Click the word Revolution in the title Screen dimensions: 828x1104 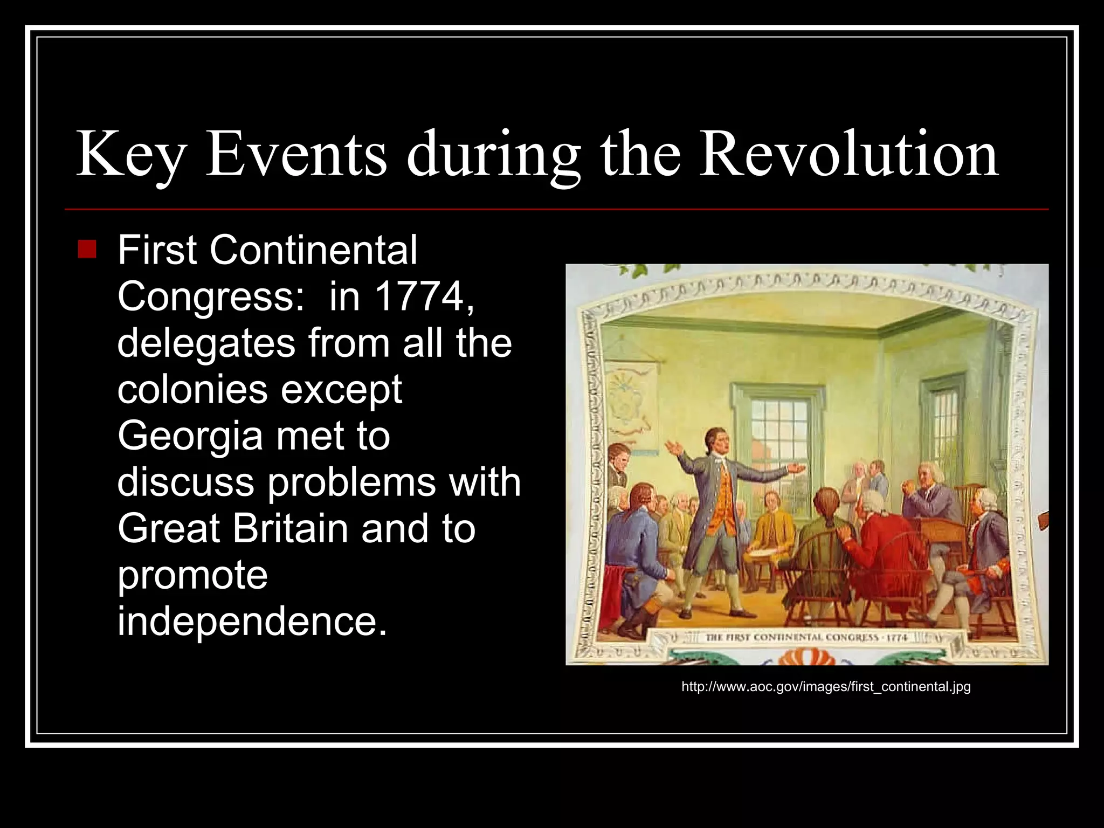click(x=848, y=154)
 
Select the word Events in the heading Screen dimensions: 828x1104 click(x=296, y=154)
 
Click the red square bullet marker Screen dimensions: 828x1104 click(x=87, y=249)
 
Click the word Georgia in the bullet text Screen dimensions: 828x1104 click(x=190, y=436)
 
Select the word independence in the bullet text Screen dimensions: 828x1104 click(x=252, y=621)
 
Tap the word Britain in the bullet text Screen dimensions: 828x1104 click(x=290, y=528)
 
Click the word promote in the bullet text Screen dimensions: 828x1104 click(x=192, y=575)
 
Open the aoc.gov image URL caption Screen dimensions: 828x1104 click(x=826, y=687)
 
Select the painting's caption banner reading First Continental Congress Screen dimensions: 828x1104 click(x=805, y=638)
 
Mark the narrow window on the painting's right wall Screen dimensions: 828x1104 click(x=943, y=426)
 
